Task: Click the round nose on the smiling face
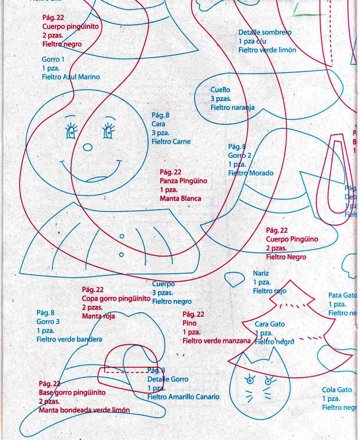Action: point(88,147)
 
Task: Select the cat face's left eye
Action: point(250,381)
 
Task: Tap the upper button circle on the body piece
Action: point(122,236)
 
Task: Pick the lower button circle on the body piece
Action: point(121,255)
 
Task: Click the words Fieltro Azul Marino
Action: point(71,77)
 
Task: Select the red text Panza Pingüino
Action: point(183,181)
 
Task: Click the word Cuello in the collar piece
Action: point(220,90)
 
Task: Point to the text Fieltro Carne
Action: point(171,142)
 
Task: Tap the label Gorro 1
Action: point(53,59)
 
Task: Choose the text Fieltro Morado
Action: point(251,173)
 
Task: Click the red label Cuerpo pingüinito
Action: point(70,27)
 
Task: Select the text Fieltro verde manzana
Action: point(216,341)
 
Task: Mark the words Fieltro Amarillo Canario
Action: point(183,397)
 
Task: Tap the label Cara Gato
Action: point(270,324)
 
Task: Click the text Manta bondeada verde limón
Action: point(84,410)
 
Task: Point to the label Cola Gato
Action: point(337,390)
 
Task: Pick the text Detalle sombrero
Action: point(265,32)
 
